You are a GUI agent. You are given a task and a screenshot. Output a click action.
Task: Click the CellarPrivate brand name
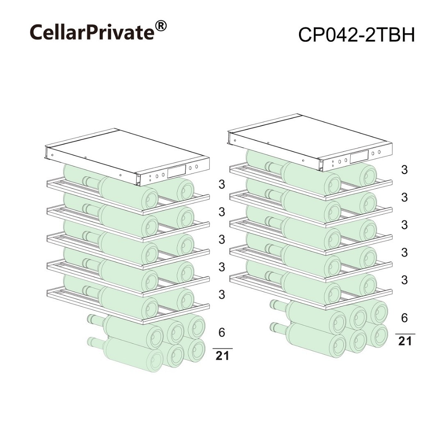click(92, 32)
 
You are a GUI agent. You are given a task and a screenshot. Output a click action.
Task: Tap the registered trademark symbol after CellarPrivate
click(161, 26)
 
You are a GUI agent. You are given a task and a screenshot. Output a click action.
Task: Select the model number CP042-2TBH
click(356, 35)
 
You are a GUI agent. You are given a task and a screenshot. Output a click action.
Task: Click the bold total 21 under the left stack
click(222, 356)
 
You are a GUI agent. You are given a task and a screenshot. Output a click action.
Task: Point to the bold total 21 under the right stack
click(405, 341)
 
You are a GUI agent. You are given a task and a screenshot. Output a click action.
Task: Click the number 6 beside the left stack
click(222, 333)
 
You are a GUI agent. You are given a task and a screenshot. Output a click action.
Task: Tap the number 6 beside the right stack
click(404, 318)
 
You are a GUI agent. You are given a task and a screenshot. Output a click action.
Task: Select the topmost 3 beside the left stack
click(222, 184)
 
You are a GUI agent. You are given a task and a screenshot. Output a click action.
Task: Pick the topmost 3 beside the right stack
click(404, 170)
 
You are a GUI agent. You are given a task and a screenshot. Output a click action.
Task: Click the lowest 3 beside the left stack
click(222, 295)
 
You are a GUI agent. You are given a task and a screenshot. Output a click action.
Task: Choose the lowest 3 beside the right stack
click(404, 280)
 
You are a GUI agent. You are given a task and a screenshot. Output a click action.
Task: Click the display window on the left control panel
click(176, 171)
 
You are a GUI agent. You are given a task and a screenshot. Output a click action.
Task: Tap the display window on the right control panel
click(359, 157)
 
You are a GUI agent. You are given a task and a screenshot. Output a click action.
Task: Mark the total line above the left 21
click(222, 349)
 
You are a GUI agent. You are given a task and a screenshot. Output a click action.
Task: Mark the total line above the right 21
click(405, 334)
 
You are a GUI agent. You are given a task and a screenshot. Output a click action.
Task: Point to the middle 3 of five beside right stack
click(404, 225)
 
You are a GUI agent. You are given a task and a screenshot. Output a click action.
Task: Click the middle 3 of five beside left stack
click(222, 239)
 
